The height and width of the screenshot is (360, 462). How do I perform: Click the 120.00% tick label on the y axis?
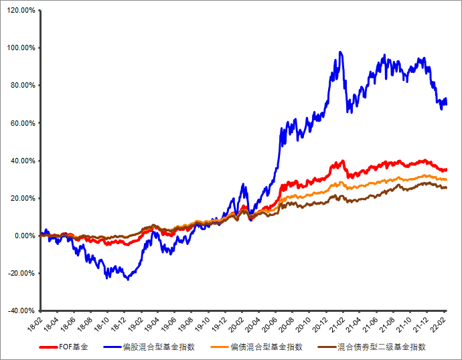tap(20, 11)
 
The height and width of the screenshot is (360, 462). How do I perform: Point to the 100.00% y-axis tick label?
tap(20, 48)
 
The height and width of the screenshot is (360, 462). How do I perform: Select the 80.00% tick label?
tap(21, 86)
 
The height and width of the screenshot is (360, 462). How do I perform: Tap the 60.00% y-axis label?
tap(21, 123)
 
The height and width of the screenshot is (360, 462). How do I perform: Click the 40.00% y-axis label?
tap(21, 161)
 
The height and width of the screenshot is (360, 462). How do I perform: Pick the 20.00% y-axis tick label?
tap(21, 198)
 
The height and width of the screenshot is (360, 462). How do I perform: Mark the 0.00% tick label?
tap(23, 236)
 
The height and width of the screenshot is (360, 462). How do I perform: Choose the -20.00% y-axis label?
tap(20, 273)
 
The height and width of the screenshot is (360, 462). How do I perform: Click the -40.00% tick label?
tap(20, 310)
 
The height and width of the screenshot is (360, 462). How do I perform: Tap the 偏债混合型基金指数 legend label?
tap(266, 347)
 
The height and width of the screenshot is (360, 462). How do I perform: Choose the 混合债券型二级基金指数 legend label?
tap(382, 347)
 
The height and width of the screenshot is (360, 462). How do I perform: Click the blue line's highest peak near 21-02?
tap(341, 52)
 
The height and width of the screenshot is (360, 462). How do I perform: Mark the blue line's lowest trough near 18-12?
tap(127, 279)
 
